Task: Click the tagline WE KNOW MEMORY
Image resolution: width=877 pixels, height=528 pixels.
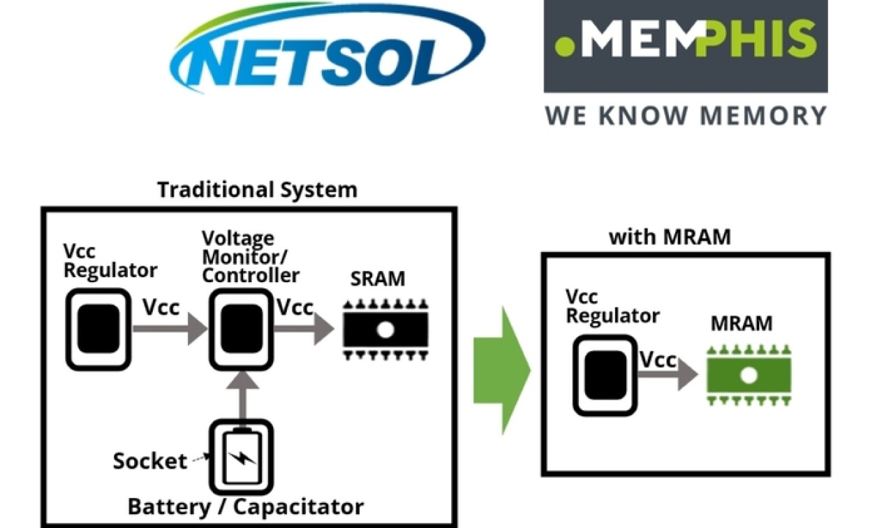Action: (x=686, y=115)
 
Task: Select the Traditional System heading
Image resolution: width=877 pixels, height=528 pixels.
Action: (x=257, y=189)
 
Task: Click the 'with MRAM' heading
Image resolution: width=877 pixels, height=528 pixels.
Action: (x=670, y=237)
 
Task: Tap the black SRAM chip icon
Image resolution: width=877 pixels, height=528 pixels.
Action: (x=385, y=329)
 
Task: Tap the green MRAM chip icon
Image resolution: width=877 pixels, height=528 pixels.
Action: (x=749, y=376)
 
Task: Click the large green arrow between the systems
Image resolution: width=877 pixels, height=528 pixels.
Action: (x=501, y=370)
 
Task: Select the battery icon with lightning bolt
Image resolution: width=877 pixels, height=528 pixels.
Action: (x=242, y=457)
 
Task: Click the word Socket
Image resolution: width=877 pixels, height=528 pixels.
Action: (x=149, y=461)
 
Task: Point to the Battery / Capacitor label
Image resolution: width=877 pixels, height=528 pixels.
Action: (x=245, y=506)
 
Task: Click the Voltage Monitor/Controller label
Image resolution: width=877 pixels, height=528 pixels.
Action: (x=250, y=256)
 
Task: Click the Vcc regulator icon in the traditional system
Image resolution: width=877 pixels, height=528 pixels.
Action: (x=98, y=329)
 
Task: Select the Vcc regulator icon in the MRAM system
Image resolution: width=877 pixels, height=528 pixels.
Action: (x=605, y=375)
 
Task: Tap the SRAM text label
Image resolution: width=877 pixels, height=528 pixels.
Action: (x=377, y=279)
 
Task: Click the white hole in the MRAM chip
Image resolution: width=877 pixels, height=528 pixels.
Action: (x=749, y=376)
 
